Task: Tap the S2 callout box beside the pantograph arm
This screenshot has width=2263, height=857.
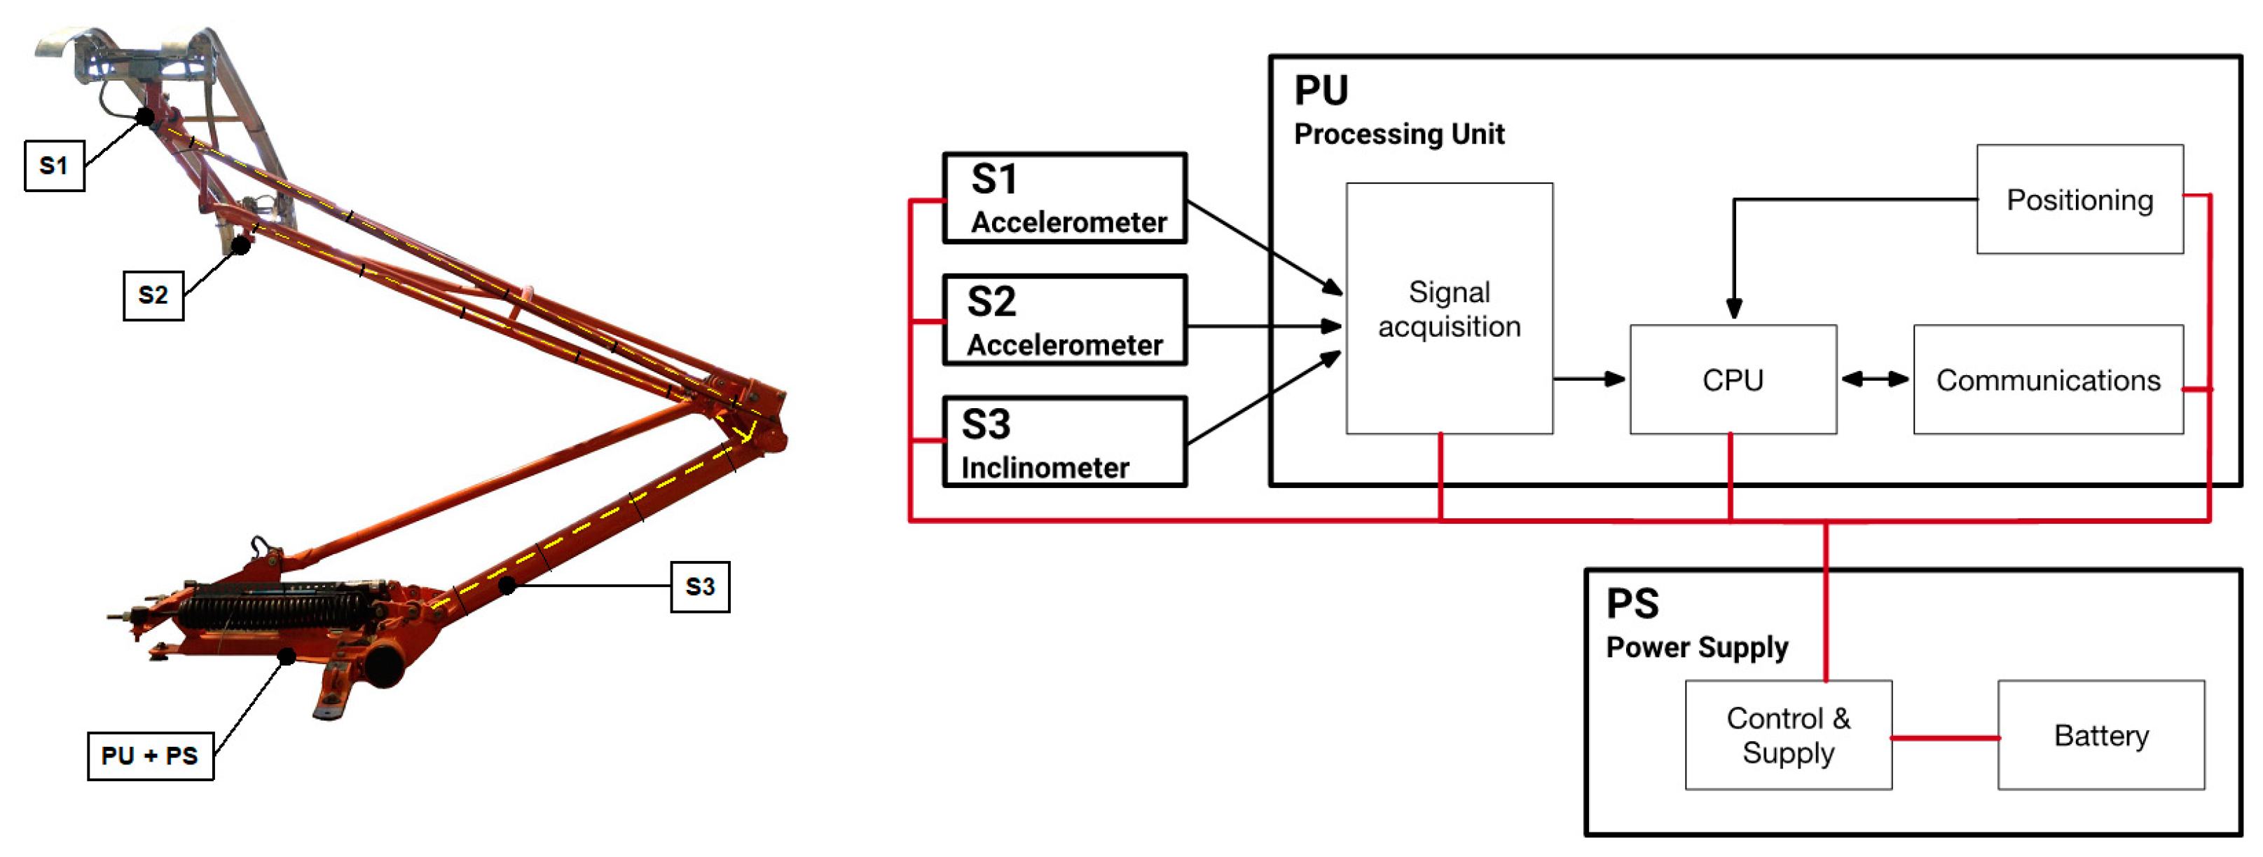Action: point(153,295)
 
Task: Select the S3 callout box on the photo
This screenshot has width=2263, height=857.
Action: point(699,586)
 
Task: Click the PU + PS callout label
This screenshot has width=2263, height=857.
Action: point(150,755)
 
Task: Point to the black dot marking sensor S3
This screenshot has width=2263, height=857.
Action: point(507,584)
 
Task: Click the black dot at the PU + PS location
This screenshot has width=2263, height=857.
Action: point(287,656)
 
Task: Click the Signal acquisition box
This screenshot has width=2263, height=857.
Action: point(1449,309)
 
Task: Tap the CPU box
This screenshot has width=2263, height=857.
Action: point(1733,379)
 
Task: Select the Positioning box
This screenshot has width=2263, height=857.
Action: point(2079,200)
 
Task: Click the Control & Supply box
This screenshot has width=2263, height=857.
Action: point(1788,735)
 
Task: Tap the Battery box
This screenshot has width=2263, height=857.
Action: point(2100,735)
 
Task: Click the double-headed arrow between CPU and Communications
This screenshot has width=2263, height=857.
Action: point(1875,379)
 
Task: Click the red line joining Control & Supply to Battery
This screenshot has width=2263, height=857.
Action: point(1945,738)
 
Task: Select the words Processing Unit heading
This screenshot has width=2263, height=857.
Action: point(1398,135)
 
